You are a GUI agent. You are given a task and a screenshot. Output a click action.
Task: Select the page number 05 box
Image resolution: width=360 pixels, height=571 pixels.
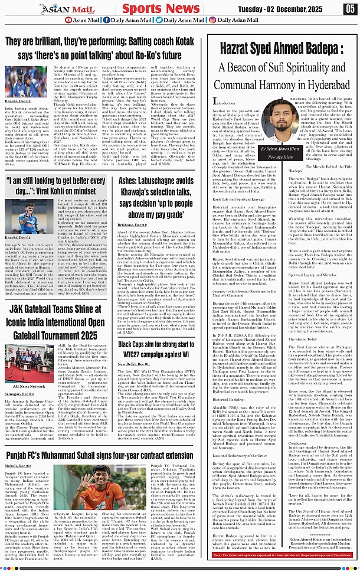(350, 9)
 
